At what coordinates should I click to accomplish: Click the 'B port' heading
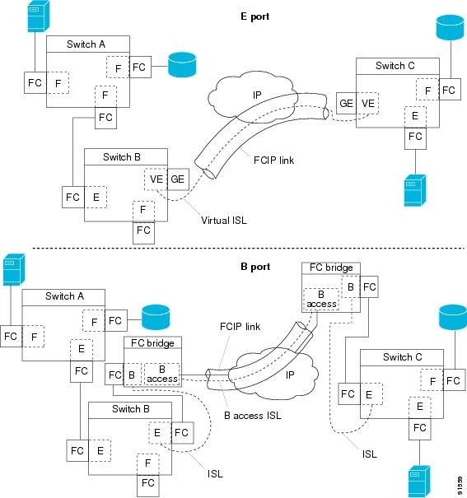click(233, 265)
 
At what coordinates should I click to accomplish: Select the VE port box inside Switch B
click(155, 179)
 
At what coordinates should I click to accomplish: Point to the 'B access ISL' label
click(253, 416)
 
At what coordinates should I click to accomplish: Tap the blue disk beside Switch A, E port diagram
click(182, 65)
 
